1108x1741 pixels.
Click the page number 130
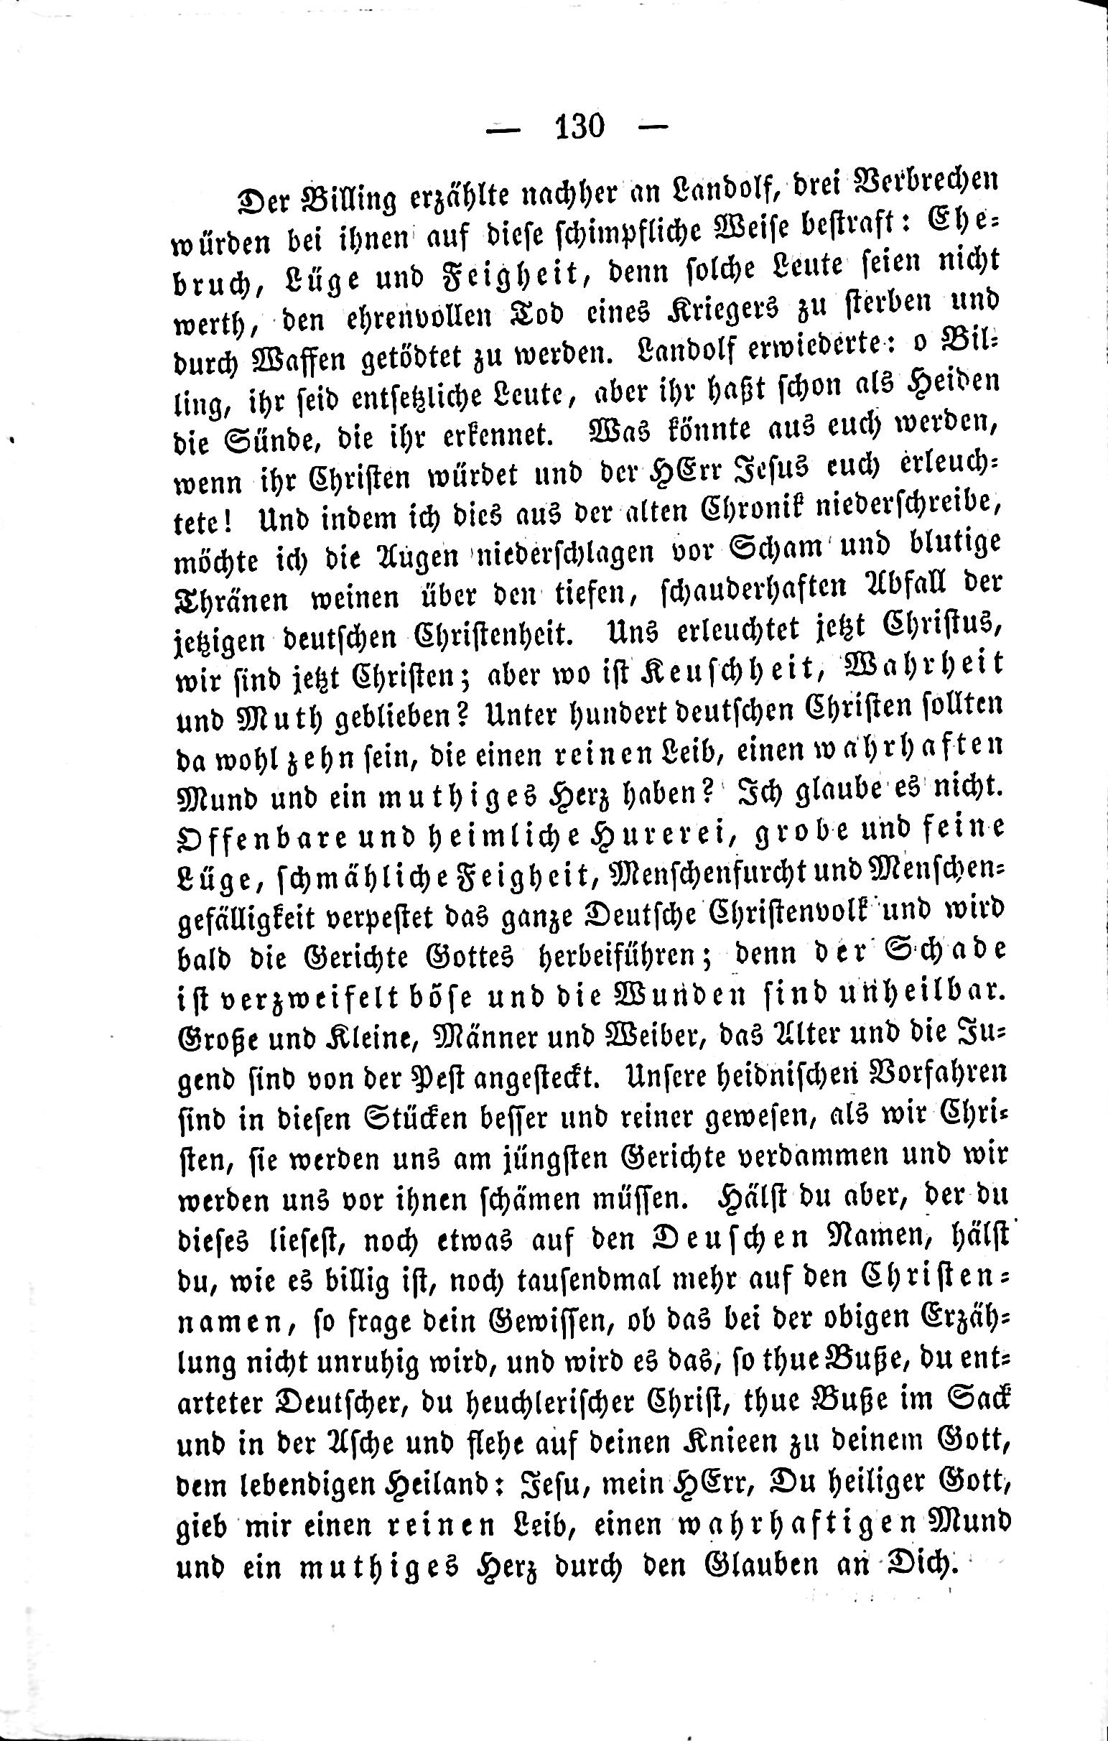578,127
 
